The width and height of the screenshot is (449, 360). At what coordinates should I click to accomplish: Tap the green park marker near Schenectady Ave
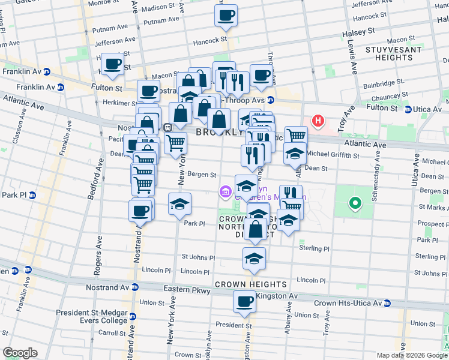tap(355, 203)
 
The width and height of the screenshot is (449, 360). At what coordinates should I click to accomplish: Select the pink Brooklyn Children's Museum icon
tap(224, 191)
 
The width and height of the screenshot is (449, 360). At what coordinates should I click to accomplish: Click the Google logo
tap(20, 353)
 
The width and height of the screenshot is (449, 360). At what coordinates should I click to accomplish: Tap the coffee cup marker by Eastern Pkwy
tap(245, 302)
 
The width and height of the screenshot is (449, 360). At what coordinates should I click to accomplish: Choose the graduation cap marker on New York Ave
tap(179, 205)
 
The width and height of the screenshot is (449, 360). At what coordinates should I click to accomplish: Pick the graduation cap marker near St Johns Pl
tap(254, 259)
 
